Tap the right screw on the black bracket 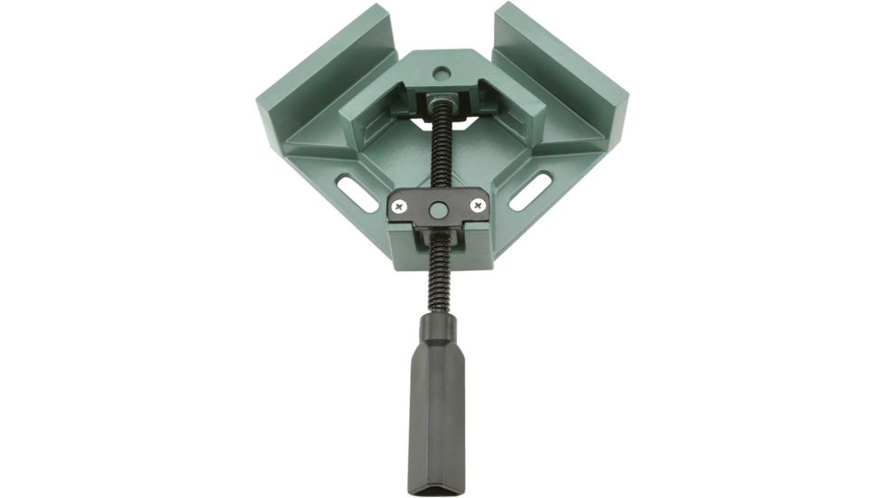tap(477, 206)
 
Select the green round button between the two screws tap(438, 208)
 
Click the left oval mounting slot tap(359, 191)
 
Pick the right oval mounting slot tap(531, 191)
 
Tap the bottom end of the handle tap(438, 486)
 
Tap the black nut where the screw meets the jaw tap(441, 97)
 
